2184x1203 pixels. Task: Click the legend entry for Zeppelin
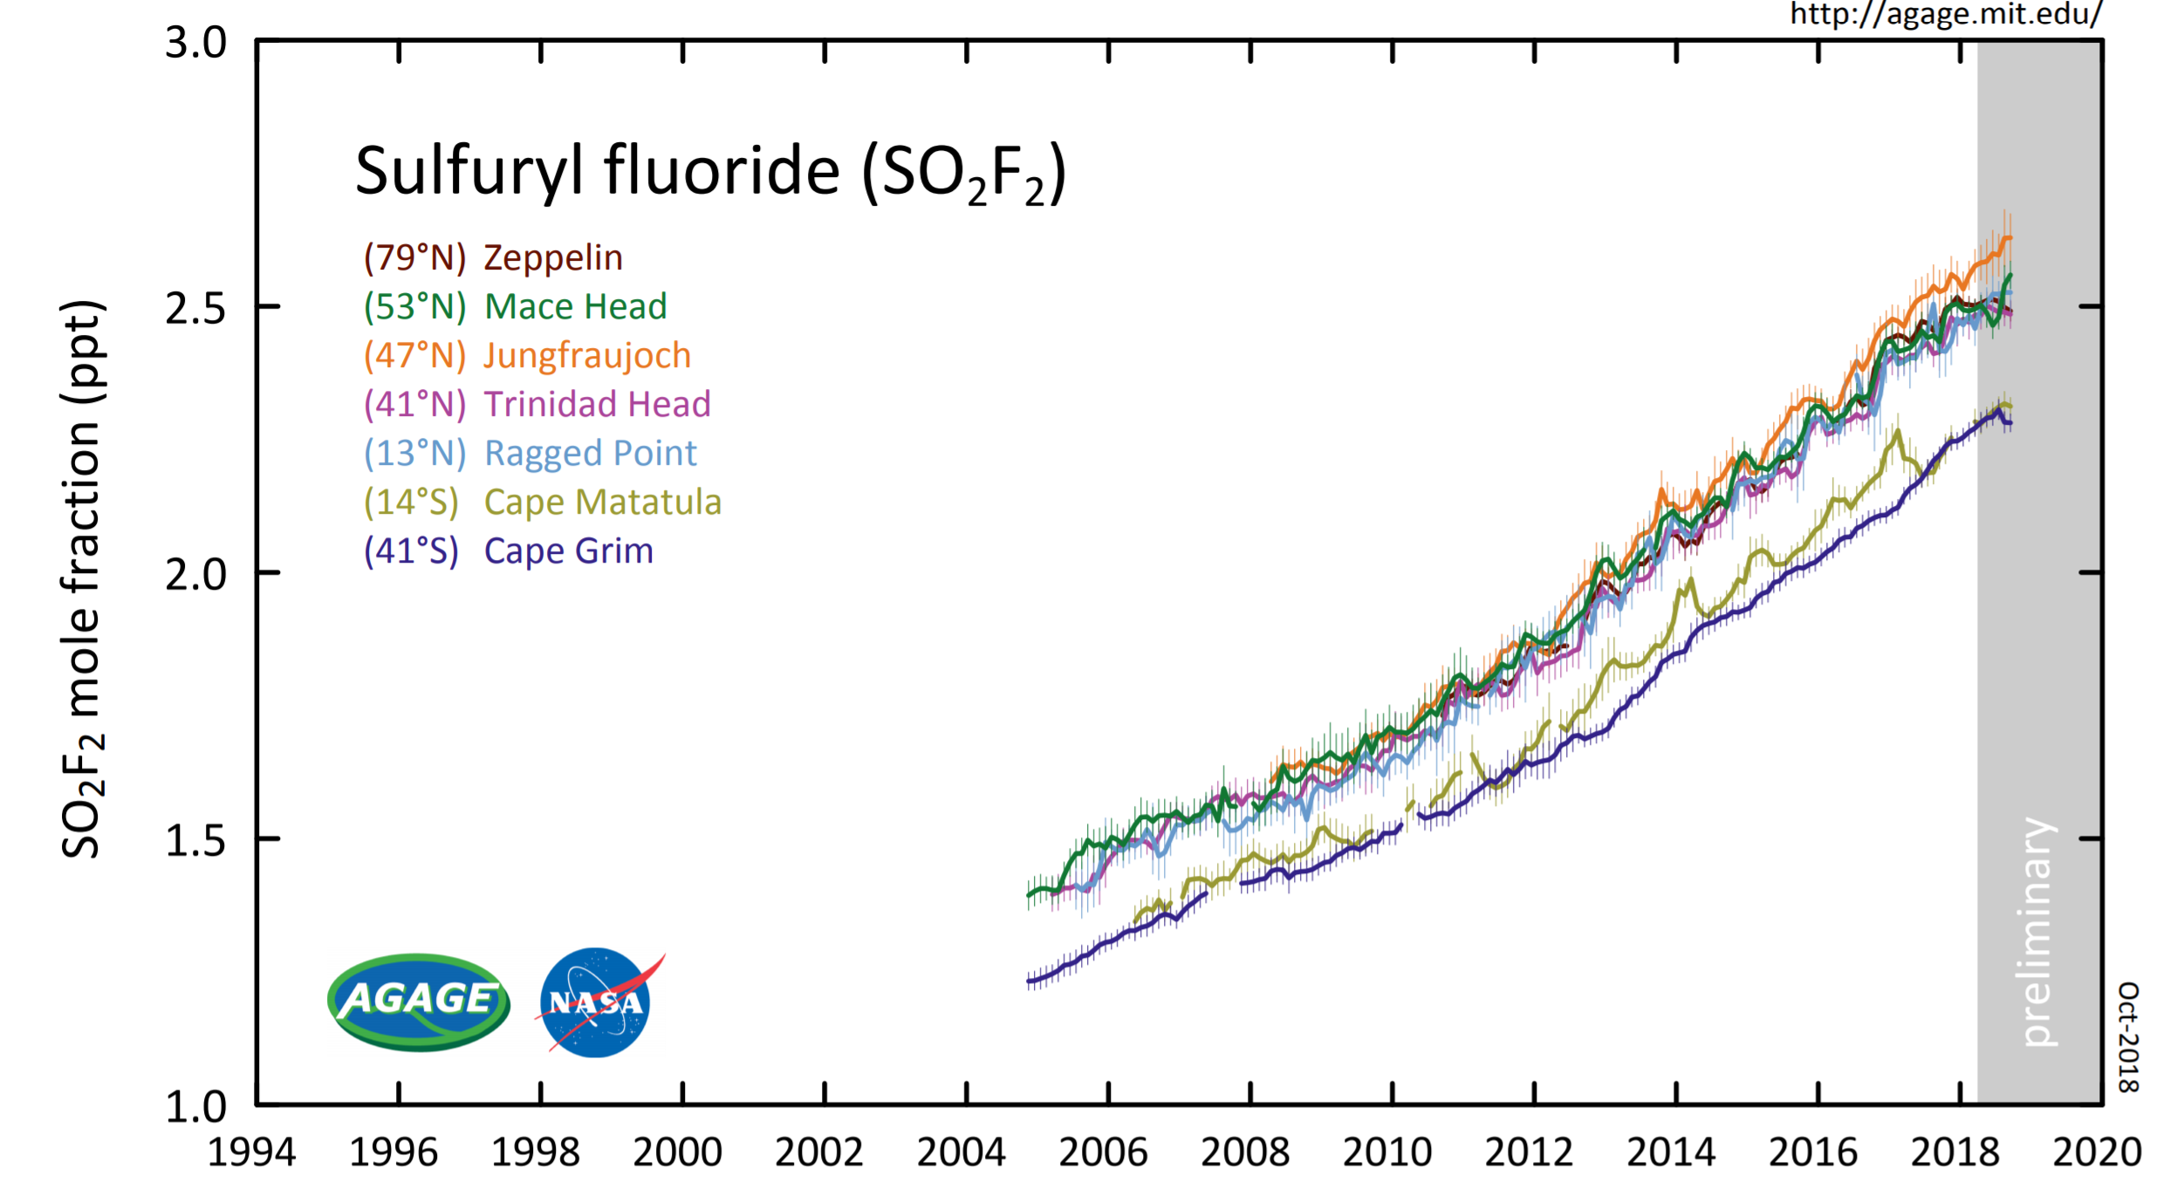[493, 258]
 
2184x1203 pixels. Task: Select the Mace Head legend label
[515, 307]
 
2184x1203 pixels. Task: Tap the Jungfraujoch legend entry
[527, 356]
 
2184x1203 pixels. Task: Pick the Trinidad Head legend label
[537, 405]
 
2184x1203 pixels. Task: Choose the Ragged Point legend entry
[530, 454]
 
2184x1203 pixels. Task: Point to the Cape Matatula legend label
[542, 502]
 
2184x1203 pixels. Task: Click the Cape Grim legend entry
[508, 551]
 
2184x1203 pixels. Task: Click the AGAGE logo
[419, 1001]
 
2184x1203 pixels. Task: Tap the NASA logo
[597, 1002]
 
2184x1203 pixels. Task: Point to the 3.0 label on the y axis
[195, 43]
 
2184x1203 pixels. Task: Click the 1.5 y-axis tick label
[195, 841]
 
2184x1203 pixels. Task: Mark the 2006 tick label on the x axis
[1103, 1152]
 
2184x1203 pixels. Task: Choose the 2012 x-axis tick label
[1529, 1152]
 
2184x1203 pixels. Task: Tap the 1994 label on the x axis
[251, 1152]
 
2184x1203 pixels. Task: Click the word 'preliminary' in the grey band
[2038, 932]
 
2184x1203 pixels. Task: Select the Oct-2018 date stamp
[2129, 1036]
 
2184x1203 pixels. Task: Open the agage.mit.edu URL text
[1946, 14]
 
